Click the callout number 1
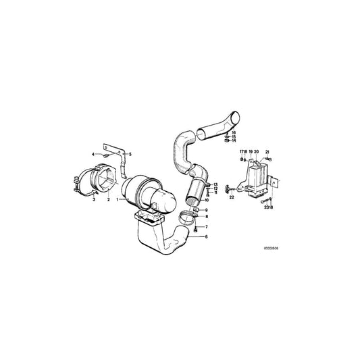point(117,199)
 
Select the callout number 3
point(94,199)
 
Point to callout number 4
point(94,155)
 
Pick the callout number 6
point(207,237)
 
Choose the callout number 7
point(207,227)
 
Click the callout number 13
point(215,184)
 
